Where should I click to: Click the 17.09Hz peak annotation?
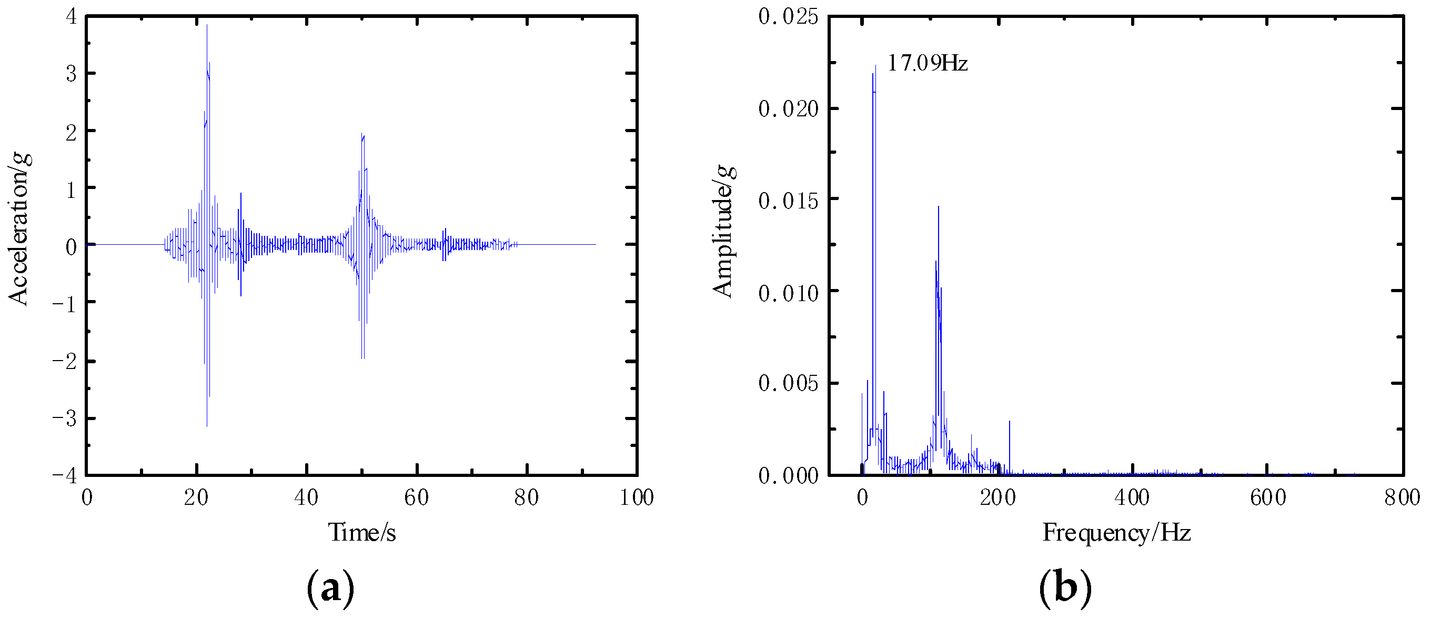click(x=927, y=63)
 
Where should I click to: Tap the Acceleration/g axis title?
click(x=19, y=230)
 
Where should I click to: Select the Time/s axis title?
click(x=361, y=532)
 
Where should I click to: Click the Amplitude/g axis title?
click(x=724, y=231)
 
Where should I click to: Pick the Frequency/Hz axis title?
click(x=1116, y=532)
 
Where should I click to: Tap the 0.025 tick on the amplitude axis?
click(x=788, y=17)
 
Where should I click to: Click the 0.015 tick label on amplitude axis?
click(x=788, y=200)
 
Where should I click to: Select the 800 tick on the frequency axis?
click(x=1402, y=497)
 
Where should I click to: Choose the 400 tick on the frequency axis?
click(x=1132, y=497)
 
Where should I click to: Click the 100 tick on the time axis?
click(x=637, y=497)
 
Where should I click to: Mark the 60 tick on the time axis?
click(x=416, y=497)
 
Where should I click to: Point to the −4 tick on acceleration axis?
click(x=65, y=476)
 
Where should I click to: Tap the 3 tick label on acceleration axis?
click(x=71, y=74)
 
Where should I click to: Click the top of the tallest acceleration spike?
click(x=207, y=26)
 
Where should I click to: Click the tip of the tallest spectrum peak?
click(x=875, y=66)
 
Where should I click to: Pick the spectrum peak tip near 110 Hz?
click(x=938, y=207)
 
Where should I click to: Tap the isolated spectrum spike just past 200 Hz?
click(x=1010, y=422)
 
